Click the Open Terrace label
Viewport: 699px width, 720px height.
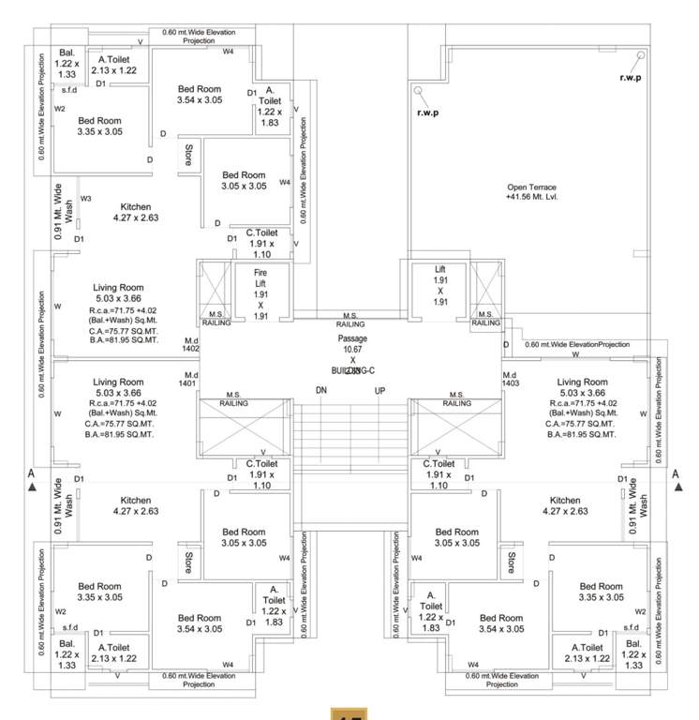coord(530,187)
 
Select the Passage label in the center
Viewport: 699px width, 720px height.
coord(354,337)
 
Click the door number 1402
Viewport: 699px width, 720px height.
coord(191,348)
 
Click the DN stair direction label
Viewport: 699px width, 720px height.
coord(320,390)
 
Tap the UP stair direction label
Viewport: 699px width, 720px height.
coord(380,390)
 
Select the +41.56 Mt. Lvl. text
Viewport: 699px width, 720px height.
coord(531,198)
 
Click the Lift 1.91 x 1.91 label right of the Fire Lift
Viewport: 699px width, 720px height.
coord(439,285)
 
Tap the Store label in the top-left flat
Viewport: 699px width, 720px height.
coord(188,156)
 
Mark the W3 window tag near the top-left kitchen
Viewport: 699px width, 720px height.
coord(86,199)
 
